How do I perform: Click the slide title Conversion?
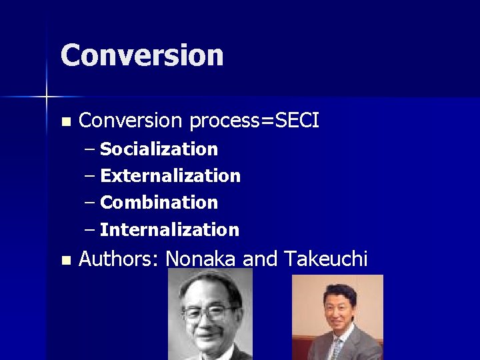point(142,55)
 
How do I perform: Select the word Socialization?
point(159,149)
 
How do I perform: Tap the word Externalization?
point(170,176)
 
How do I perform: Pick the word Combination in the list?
point(159,203)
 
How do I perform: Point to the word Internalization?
point(169,230)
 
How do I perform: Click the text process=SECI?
point(254,121)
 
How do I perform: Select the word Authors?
point(119,259)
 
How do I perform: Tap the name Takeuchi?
point(325,259)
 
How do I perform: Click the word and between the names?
point(260,259)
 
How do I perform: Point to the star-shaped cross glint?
point(47,98)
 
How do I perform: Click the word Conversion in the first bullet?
point(130,121)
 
